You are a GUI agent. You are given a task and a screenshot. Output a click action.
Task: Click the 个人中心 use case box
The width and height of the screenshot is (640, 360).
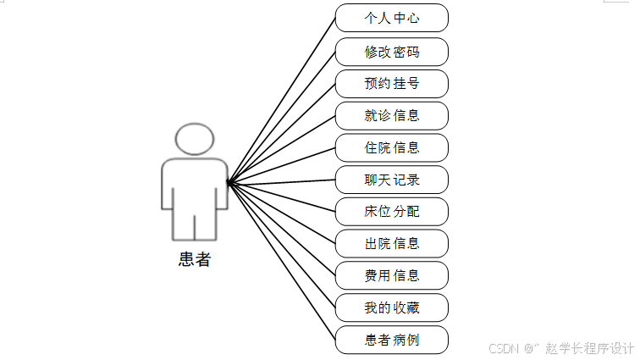[x=391, y=18]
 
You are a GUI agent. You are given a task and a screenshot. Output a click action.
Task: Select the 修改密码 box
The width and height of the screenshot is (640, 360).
[x=391, y=52]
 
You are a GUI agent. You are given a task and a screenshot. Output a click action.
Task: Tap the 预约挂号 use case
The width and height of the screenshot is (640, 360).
[x=391, y=84]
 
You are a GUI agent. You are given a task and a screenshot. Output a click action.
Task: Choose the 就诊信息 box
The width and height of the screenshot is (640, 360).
[x=391, y=116]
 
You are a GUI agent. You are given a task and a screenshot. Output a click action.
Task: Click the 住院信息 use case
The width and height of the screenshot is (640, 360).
[x=391, y=147]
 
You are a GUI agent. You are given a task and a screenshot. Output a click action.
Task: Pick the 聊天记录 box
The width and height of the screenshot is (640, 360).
[x=391, y=180]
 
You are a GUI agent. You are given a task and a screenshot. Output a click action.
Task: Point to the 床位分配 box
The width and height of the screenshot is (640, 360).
[x=391, y=212]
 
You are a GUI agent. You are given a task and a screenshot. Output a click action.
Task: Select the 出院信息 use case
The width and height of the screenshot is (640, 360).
[x=391, y=244]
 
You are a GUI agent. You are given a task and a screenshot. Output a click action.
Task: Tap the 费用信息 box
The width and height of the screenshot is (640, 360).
[x=391, y=275]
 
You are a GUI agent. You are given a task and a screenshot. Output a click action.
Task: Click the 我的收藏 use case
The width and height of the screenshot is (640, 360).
[x=391, y=307]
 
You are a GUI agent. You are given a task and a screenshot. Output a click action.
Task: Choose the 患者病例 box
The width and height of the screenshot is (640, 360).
[x=391, y=340]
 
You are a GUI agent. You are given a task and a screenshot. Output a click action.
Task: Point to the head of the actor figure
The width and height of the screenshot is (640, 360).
[x=195, y=139]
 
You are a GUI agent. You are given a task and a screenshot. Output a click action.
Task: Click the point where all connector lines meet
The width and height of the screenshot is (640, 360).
[x=229, y=182]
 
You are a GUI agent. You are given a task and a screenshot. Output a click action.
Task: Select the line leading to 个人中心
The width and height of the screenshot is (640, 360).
[x=282, y=100]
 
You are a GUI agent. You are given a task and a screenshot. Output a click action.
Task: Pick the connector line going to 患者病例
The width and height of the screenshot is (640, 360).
[x=282, y=261]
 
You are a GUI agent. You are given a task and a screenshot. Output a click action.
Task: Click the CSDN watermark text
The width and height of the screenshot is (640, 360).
[x=503, y=347]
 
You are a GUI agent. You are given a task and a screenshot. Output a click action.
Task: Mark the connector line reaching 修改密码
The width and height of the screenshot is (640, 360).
[x=282, y=117]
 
